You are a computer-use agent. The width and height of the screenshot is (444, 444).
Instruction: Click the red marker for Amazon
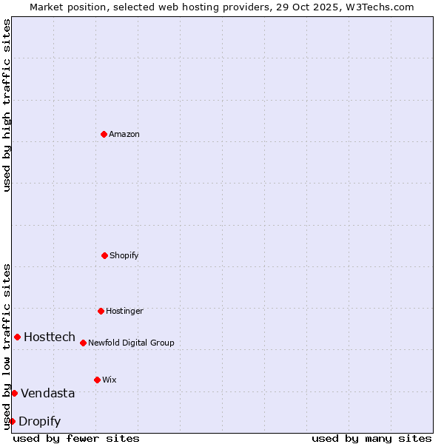[x=104, y=134]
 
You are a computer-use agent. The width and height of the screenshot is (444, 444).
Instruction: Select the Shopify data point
[x=104, y=255]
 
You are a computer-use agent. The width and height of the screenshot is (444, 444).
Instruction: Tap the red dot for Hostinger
[x=101, y=311]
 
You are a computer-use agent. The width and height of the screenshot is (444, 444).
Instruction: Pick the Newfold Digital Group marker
[x=83, y=343]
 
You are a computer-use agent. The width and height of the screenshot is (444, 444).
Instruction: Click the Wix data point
[x=97, y=380]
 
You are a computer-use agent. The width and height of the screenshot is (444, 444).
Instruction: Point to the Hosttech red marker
[x=17, y=337]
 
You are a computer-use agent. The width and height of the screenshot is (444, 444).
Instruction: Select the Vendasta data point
[x=14, y=393]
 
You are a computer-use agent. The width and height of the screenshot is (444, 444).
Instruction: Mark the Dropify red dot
[x=12, y=421]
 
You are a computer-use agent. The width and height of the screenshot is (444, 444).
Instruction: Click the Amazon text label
[x=124, y=134]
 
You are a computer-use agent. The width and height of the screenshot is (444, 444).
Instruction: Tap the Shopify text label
[x=124, y=255]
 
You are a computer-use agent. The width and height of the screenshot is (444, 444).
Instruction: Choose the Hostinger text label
[x=124, y=311]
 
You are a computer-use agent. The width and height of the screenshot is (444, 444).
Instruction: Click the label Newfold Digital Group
[x=131, y=343]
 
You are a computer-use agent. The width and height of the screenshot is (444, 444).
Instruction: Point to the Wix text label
[x=110, y=380]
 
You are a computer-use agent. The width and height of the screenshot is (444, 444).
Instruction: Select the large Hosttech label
[x=50, y=337]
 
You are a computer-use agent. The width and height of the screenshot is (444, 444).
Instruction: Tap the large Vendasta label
[x=48, y=393]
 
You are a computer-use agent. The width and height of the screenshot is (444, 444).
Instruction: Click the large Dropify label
[x=40, y=421]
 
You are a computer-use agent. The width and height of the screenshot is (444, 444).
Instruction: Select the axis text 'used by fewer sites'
[x=76, y=438]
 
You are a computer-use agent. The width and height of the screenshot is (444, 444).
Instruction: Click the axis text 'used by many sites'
[x=371, y=438]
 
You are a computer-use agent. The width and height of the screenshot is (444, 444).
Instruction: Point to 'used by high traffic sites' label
[x=7, y=105]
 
